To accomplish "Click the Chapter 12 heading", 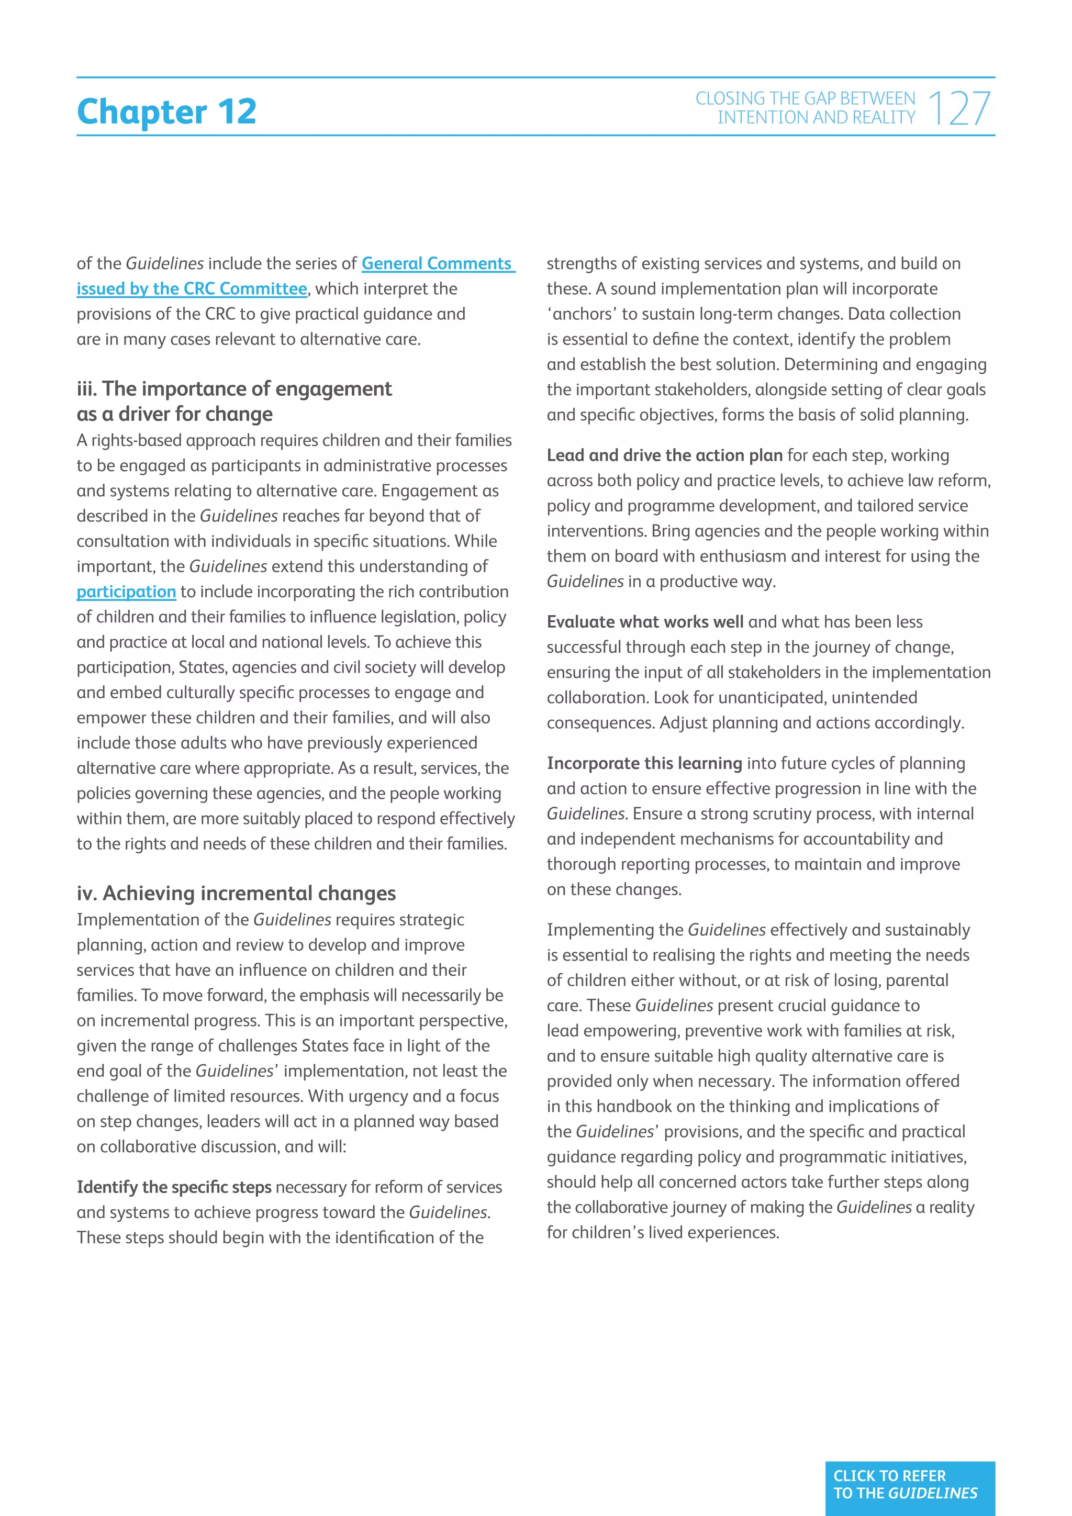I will [x=166, y=111].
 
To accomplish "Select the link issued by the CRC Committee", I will [x=192, y=288].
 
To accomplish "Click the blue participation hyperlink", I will [x=126, y=592].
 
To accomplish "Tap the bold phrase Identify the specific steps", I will [x=174, y=1187].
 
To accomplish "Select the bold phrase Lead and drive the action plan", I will [x=664, y=455].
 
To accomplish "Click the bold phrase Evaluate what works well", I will [x=644, y=621].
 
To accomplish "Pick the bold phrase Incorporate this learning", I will [x=644, y=763].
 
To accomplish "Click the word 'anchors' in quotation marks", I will [x=582, y=314].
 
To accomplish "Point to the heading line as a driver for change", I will [x=174, y=414].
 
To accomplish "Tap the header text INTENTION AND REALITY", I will [x=816, y=118].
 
